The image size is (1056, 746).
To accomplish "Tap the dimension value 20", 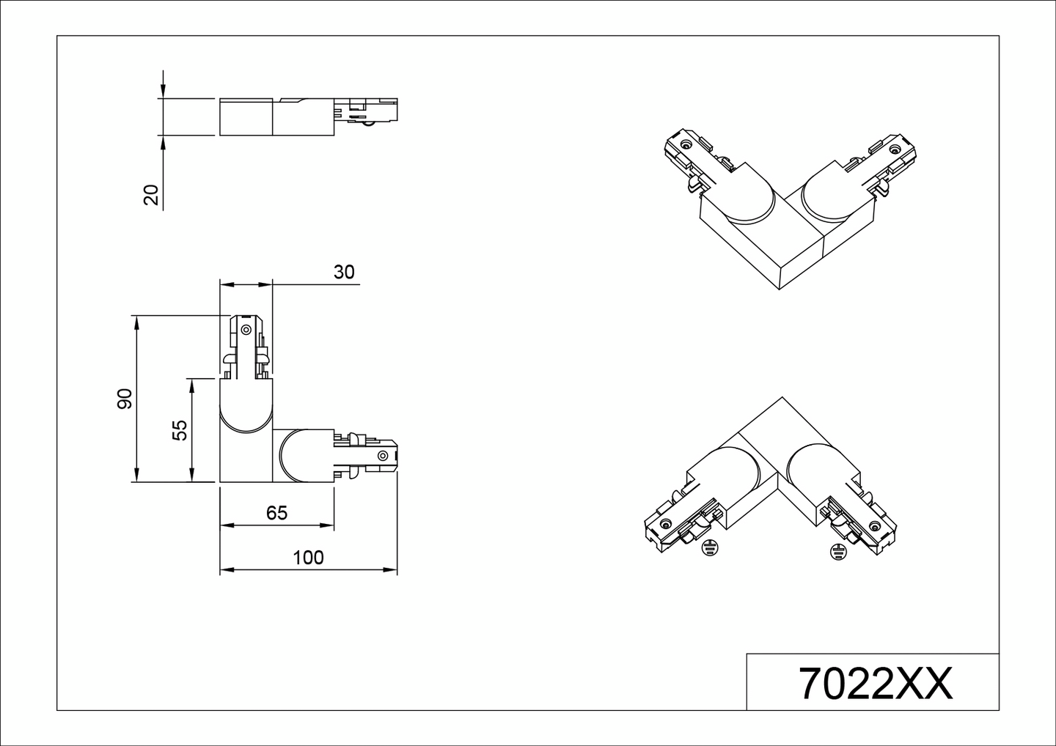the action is coord(151,195).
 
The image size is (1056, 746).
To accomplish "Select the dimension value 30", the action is coord(344,272).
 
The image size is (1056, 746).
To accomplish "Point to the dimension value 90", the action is coord(125,399).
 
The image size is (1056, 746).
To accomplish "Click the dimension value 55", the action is coord(180,430).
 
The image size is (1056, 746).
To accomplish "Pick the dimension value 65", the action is coord(276,513).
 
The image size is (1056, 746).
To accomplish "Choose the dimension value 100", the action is coord(308,558).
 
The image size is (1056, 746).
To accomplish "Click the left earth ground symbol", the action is coord(710,548).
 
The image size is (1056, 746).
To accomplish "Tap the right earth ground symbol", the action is coord(837,552).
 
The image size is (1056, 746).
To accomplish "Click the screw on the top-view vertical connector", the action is coord(245,329).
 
